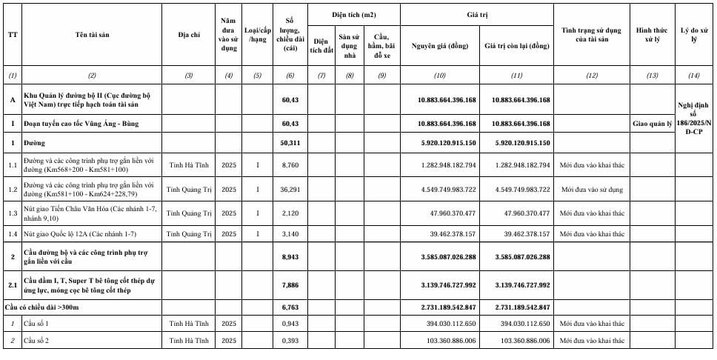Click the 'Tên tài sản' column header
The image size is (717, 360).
point(91,34)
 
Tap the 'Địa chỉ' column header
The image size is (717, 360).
point(189,34)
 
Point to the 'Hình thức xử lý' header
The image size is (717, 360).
point(652,34)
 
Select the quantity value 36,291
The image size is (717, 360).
point(286,190)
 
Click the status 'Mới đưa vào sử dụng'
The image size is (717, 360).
point(592,190)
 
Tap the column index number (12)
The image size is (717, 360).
point(591,76)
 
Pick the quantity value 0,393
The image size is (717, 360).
point(286,340)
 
